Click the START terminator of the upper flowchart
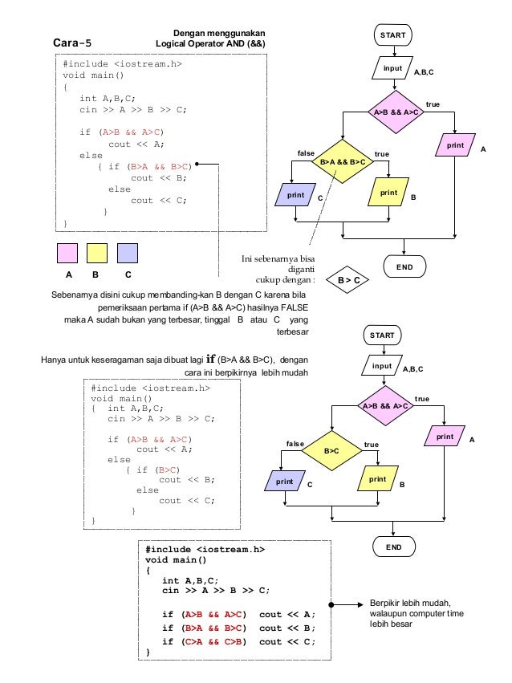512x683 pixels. pos(392,35)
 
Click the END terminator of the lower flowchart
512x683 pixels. pos(393,547)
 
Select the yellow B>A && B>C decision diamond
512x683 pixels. pos(343,161)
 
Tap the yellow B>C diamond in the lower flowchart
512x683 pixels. pos(331,451)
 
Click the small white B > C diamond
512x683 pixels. pos(347,279)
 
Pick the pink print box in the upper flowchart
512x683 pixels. pos(455,145)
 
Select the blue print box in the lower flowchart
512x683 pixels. pos(285,481)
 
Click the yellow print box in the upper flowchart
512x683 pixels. pos(388,192)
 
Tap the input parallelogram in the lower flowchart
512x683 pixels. pos(382,365)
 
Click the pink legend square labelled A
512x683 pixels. pos(67,253)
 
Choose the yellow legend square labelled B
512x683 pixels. pos(97,253)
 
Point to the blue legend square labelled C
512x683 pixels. pos(128,253)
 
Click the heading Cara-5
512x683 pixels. pos(72,43)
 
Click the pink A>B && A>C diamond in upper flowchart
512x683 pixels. pos(396,112)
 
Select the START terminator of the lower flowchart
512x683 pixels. pos(382,335)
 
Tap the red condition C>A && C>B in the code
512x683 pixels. pos(213,641)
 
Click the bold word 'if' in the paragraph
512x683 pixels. pos(211,359)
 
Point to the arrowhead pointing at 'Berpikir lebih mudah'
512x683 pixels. pos(360,604)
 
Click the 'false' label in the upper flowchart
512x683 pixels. pos(306,152)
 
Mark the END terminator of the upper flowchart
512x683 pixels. pos(404,266)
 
